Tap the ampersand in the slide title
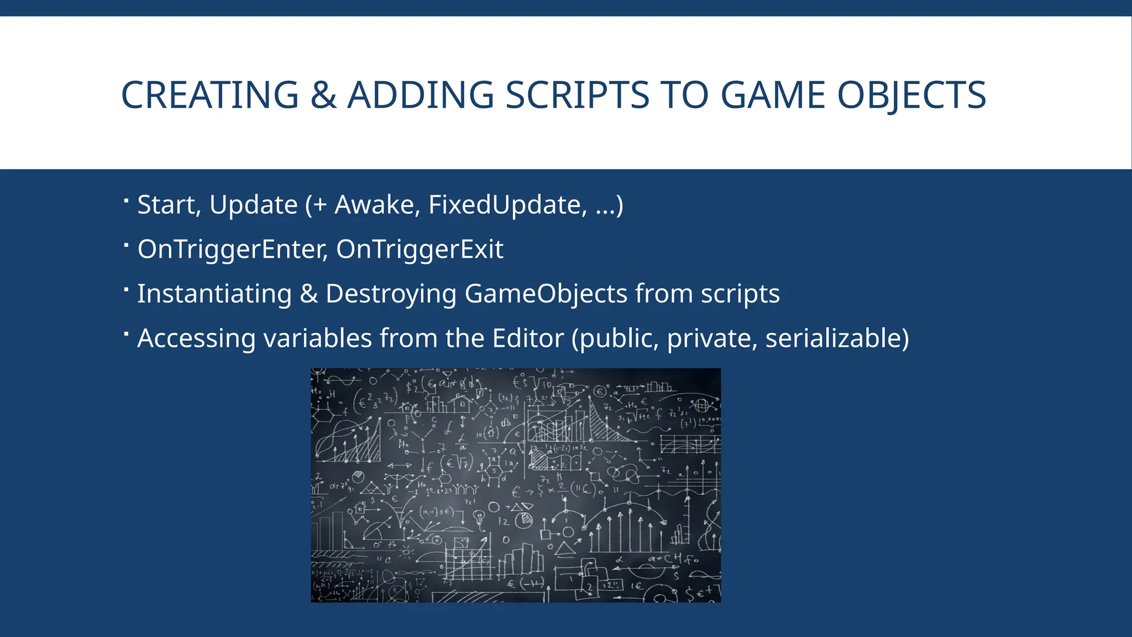pos(323,95)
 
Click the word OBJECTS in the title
pos(911,95)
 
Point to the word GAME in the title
pos(773,95)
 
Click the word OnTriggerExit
pos(420,249)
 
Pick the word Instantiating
pos(214,294)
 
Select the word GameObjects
pos(546,294)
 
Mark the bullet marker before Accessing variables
pos(127,333)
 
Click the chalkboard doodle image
pos(516,485)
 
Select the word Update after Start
pos(254,205)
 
